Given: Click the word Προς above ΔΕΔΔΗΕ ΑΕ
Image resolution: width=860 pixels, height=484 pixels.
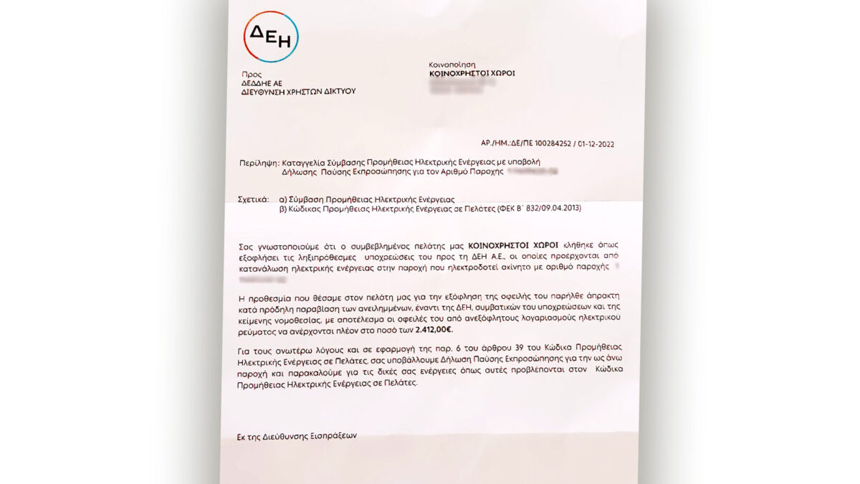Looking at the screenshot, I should (252, 74).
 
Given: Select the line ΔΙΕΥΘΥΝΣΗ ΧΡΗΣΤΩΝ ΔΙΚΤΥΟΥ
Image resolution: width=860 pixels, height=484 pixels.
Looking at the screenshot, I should (298, 91).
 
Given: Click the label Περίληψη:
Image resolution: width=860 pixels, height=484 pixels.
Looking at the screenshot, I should (258, 163).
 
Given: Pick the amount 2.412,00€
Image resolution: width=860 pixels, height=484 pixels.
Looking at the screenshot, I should (434, 329).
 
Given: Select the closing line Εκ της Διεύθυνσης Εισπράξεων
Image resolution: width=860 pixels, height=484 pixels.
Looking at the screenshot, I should (297, 435).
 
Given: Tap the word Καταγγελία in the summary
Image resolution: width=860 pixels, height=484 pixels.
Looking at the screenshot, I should (305, 163).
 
